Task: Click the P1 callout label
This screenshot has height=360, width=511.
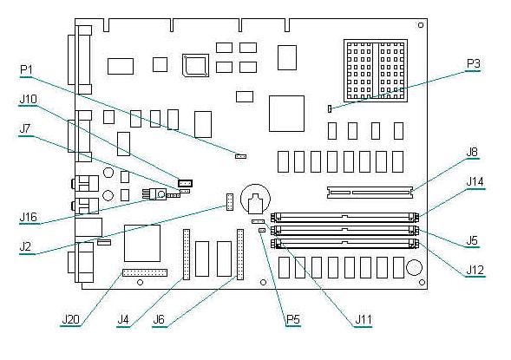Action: point(26,69)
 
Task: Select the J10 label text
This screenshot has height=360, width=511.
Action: point(29,99)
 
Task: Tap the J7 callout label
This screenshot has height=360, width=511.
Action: point(25,128)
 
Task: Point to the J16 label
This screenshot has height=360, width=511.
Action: point(29,217)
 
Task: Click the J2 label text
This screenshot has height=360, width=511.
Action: point(25,246)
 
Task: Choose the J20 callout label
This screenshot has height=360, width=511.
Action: point(71,319)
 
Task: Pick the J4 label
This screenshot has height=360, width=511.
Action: point(123,319)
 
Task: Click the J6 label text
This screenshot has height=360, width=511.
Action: point(159,319)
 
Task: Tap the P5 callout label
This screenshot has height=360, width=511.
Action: point(292,319)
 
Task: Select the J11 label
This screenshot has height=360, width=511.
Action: point(363,319)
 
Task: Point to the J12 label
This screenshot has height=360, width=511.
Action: point(475,270)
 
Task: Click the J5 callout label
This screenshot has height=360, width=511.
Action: point(472,240)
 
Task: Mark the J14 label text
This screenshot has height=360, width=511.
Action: point(475,182)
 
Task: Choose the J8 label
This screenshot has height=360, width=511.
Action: point(472,152)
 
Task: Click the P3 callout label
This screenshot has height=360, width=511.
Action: point(473,63)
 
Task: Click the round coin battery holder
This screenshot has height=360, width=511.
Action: point(255,199)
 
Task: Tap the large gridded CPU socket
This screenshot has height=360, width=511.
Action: point(376,70)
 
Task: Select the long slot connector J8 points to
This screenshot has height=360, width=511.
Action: point(370,193)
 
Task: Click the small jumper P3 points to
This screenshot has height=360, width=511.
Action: point(330,108)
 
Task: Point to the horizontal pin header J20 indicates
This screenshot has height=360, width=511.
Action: point(145,273)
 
